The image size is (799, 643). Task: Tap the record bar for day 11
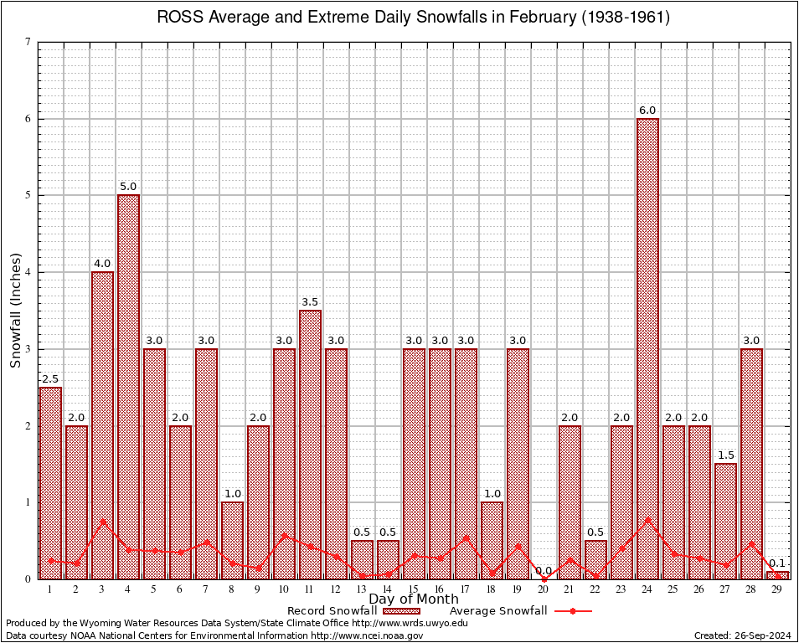310,444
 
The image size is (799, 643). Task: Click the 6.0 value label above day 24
647,111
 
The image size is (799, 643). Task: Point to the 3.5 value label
310,302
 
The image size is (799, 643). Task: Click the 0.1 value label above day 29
777,563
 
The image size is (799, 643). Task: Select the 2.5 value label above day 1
50,379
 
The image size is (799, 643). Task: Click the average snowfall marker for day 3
102,522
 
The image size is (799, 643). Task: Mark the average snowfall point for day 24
647,519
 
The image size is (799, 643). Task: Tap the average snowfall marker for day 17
466,538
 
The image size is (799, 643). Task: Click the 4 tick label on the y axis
28,272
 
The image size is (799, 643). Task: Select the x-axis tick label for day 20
544,589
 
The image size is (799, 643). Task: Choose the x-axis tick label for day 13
362,589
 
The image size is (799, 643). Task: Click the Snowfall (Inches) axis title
16,310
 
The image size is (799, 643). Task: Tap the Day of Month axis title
414,599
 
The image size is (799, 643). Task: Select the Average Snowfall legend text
498,611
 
